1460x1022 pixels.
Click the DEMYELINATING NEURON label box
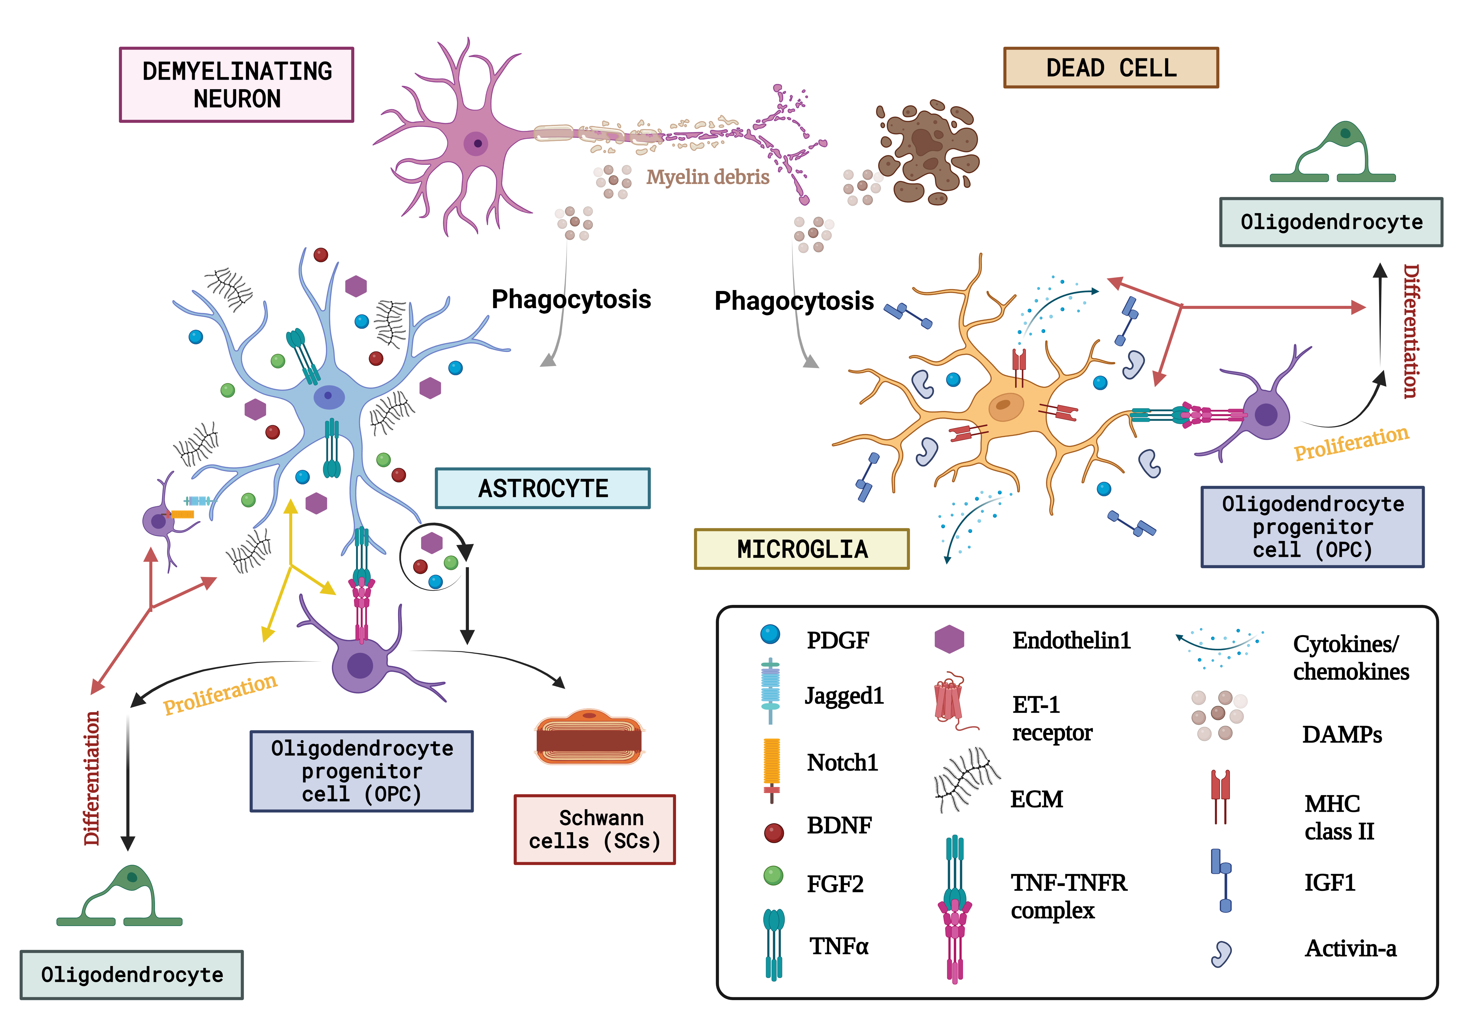click(237, 85)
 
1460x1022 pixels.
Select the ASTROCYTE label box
click(542, 488)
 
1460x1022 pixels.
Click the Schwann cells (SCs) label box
click(594, 829)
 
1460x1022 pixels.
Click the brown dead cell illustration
click(928, 153)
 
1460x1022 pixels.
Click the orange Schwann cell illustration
click(589, 738)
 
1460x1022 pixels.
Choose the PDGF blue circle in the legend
click(770, 634)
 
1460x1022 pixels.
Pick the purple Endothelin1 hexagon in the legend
click(949, 639)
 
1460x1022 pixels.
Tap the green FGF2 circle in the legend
click(773, 876)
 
